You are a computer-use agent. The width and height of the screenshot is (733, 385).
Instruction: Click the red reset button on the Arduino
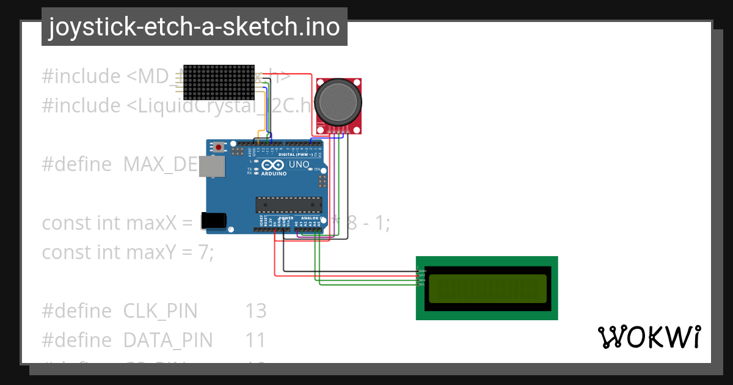click(219, 147)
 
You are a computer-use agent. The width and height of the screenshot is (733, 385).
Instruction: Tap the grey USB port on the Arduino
click(213, 166)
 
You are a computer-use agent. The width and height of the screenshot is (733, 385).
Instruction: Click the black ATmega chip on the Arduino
click(288, 205)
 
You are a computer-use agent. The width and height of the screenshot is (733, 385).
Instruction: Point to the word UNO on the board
click(299, 165)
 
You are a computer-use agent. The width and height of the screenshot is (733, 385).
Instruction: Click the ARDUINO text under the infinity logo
click(274, 174)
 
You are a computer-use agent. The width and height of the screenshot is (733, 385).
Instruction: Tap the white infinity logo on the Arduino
click(273, 165)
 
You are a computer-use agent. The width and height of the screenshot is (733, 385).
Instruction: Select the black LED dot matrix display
click(219, 82)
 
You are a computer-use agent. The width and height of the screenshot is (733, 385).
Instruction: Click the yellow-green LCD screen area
click(487, 288)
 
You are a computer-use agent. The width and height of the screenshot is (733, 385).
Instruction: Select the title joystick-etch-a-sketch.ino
click(194, 27)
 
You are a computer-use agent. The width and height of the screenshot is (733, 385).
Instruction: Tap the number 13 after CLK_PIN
click(256, 311)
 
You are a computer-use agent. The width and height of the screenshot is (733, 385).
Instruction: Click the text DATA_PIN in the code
click(168, 340)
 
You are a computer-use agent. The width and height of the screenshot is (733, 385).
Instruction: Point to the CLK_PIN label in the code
click(160, 311)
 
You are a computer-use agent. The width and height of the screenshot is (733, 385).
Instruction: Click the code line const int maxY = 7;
click(128, 252)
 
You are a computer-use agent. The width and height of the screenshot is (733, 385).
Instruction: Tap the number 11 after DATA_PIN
click(256, 340)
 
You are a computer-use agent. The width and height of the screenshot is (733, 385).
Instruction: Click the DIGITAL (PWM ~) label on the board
click(296, 155)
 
